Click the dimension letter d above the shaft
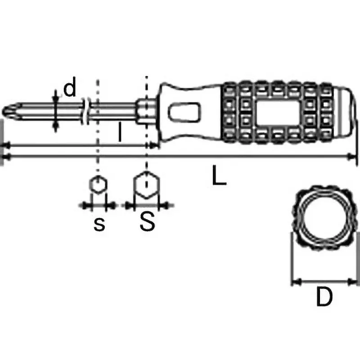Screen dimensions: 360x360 coord(70,89)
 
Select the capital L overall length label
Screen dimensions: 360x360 coord(219,177)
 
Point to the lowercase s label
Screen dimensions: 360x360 coord(99,224)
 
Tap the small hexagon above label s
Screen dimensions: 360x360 coord(97,185)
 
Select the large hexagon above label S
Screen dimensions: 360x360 coord(146,184)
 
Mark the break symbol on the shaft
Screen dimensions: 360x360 coord(86,110)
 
